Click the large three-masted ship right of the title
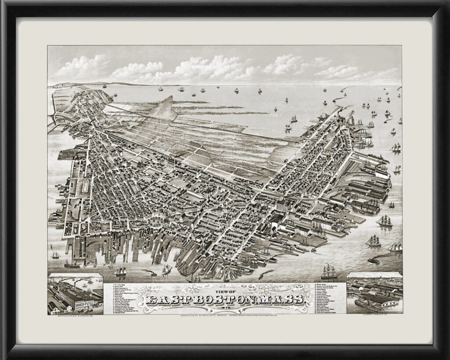[x=329, y=271]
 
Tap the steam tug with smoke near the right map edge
[x=373, y=261]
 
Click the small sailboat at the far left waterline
[x=55, y=255]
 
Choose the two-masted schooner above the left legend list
[x=120, y=271]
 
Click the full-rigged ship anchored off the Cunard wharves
[x=385, y=221]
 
